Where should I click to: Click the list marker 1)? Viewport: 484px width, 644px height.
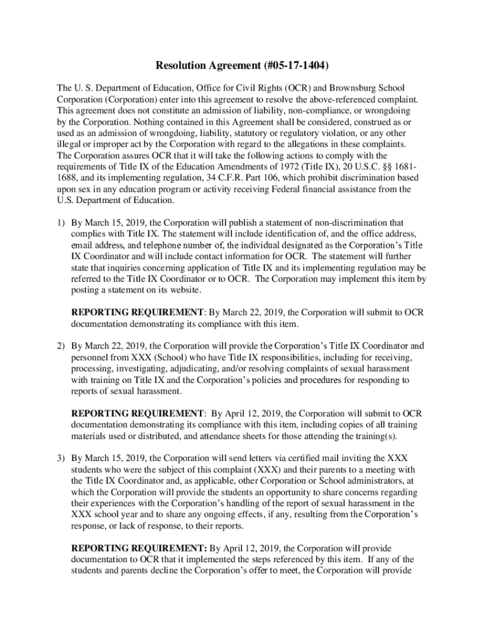pyautogui.click(x=61, y=223)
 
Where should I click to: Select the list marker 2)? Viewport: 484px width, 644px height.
pyautogui.click(x=61, y=345)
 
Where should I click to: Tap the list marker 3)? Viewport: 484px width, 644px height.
pyautogui.click(x=61, y=457)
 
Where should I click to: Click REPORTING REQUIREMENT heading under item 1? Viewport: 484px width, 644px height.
pyautogui.click(x=137, y=312)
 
